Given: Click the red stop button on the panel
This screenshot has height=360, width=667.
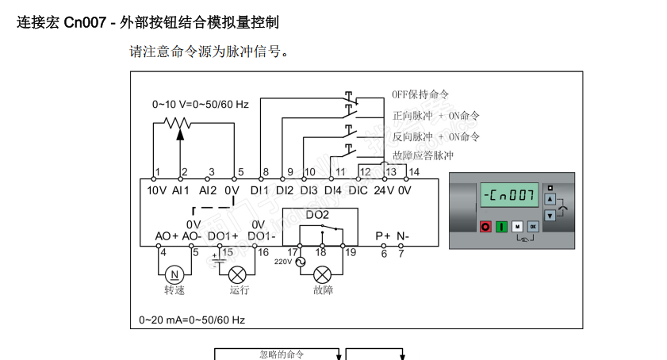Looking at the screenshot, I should pos(485,227).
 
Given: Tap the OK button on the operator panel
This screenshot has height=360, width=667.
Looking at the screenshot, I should pos(533,227).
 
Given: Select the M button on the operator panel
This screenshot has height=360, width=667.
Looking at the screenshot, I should pos(517,227).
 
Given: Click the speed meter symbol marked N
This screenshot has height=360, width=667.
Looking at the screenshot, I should pos(174,274).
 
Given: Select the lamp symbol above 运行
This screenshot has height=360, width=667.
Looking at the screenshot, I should pos(236,274).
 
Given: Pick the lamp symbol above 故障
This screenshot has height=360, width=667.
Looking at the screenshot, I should pos(322,274).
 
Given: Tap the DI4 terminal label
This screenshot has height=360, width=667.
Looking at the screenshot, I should pos(333,190).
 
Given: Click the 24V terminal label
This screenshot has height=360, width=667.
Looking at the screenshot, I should pos(383,190).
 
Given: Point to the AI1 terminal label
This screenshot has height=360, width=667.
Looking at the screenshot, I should pos(181,190).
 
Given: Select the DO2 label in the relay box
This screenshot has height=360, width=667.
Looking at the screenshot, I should pos(317,215).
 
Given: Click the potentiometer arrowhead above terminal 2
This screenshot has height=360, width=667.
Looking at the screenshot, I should pos(180,132).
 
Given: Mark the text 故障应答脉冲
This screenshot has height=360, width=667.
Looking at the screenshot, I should pos(423,155).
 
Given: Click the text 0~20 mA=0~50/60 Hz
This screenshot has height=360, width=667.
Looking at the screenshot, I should pos(192,320).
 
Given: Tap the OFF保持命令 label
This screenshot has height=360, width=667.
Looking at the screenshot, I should pos(420,94).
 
